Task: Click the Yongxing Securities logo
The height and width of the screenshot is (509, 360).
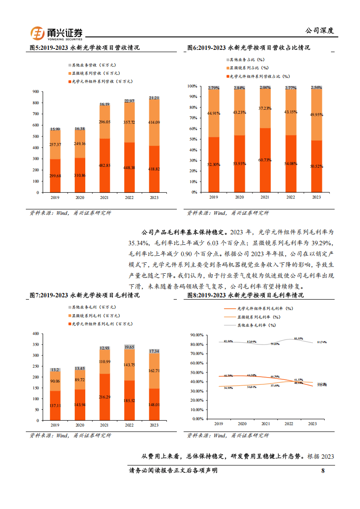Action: pos(57,33)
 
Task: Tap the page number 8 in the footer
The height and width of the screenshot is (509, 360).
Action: pos(323,470)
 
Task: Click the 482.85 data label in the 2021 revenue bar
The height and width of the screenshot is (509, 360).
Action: pos(105,165)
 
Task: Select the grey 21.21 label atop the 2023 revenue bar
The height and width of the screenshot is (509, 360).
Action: pos(154,97)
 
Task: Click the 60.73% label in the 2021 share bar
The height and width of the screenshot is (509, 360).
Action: pos(265,160)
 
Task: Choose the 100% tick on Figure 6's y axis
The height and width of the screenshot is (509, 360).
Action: pos(192,86)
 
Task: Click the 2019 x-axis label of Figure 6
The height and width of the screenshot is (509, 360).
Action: pos(214,197)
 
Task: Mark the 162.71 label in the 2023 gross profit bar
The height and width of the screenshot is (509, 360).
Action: pos(154,370)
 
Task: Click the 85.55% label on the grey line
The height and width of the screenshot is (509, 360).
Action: pos(299,338)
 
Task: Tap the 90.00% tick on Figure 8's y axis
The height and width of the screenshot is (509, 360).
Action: pos(198,335)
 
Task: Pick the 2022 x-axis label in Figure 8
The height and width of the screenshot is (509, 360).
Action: pos(289,423)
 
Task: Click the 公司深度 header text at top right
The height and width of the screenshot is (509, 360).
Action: pos(319,31)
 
